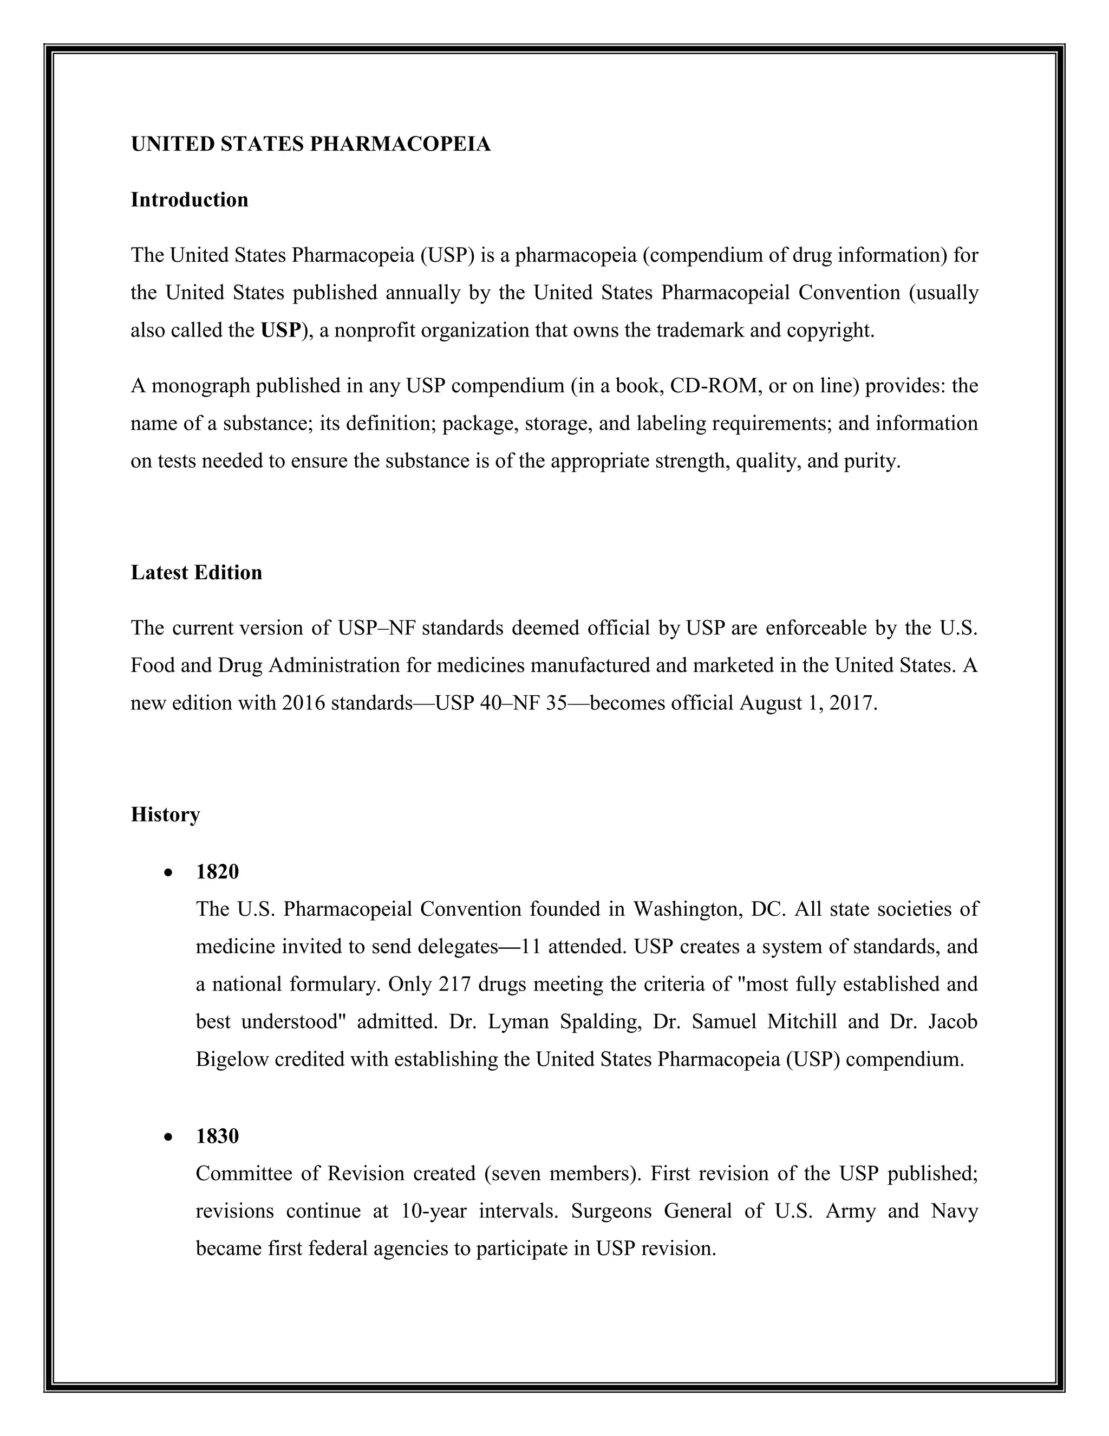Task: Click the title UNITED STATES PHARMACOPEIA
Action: (x=311, y=145)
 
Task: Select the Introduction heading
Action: (x=189, y=200)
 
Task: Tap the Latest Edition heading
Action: (x=196, y=573)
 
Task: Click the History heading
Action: (x=165, y=814)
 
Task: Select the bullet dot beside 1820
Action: (x=169, y=873)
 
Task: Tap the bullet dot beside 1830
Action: (x=169, y=1137)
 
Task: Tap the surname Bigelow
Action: (x=232, y=1059)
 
